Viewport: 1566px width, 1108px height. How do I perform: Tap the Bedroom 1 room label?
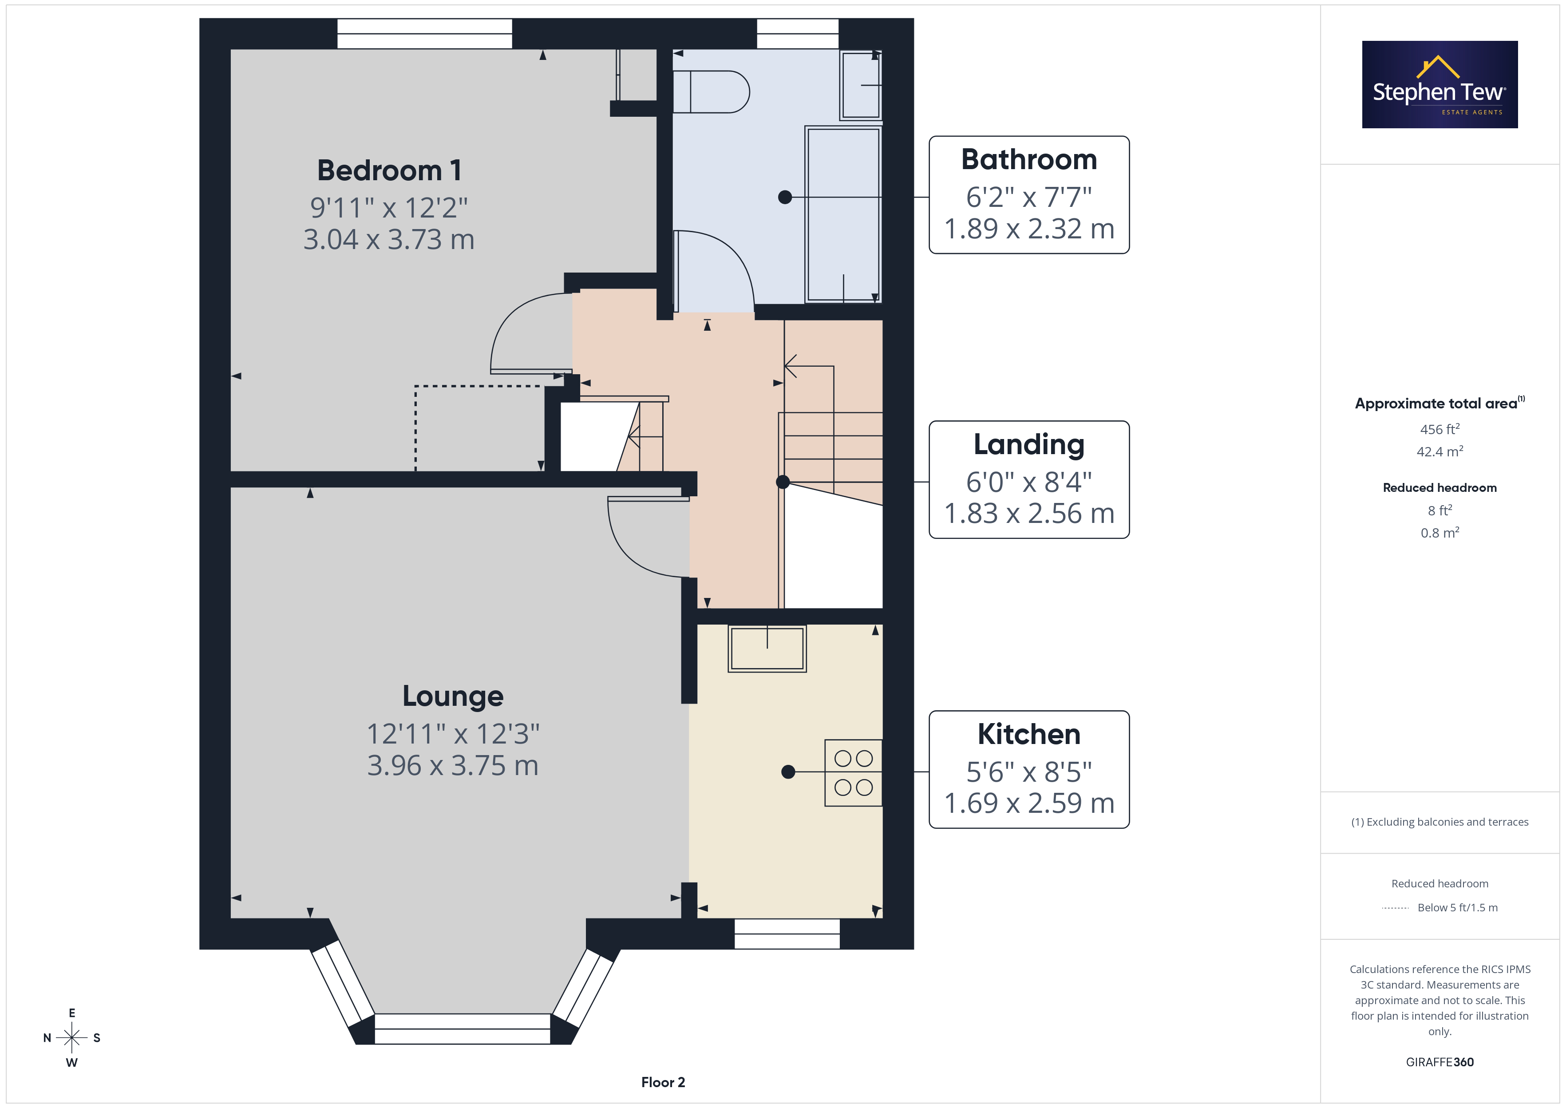[x=389, y=170]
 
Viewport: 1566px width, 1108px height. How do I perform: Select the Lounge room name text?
[x=453, y=696]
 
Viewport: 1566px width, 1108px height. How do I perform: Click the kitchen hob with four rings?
[x=853, y=773]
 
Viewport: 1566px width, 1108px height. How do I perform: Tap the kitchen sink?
[x=767, y=648]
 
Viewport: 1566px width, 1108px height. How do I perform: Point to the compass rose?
[x=71, y=1038]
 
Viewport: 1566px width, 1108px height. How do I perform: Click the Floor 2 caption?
[x=663, y=1082]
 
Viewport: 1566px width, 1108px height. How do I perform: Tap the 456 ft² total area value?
[x=1440, y=429]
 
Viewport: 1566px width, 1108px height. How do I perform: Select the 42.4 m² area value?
[x=1440, y=451]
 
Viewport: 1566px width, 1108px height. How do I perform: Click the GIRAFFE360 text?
[x=1440, y=1062]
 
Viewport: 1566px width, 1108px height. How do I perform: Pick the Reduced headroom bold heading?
[x=1440, y=488]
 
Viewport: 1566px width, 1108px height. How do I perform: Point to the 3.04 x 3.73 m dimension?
[x=389, y=239]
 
